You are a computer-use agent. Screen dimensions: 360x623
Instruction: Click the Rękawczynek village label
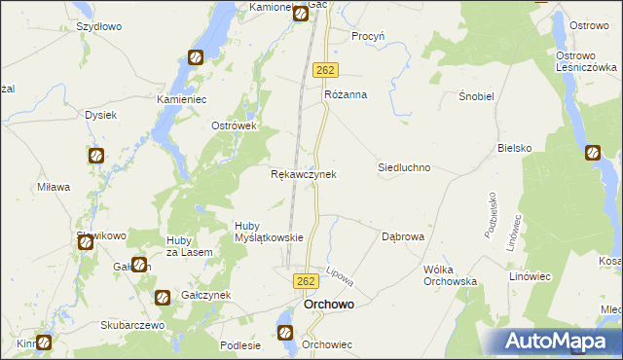[x=303, y=174]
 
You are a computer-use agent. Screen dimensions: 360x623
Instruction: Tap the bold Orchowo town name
[x=328, y=304]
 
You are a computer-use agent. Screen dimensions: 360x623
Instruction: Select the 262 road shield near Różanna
[x=326, y=71]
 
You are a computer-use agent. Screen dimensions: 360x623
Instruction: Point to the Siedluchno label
[x=404, y=167]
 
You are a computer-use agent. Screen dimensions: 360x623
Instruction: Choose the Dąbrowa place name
[x=403, y=235]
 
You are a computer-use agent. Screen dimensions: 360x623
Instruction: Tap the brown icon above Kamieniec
[x=196, y=57]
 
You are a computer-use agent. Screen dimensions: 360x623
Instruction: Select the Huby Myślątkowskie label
[x=270, y=231]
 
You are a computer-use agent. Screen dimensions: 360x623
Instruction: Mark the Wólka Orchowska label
[x=449, y=274]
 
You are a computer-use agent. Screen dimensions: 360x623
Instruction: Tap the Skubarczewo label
[x=135, y=324]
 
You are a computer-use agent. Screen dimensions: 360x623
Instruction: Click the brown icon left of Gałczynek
[x=163, y=296]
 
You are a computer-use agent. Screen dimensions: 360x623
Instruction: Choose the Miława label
[x=54, y=187]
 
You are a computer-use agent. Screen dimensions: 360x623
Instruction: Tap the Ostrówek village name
[x=234, y=126]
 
